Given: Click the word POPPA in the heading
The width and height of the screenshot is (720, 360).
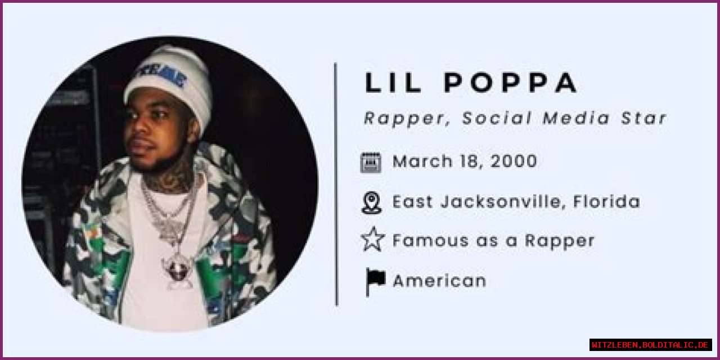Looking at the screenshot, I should coord(511,83).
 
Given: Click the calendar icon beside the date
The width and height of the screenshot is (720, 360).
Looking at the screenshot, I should coord(371,162).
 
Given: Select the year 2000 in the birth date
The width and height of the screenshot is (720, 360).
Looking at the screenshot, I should coord(514,162).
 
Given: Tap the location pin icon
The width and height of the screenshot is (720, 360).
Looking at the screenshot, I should coord(371,202).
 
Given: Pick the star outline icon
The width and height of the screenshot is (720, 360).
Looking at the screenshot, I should coord(372,240).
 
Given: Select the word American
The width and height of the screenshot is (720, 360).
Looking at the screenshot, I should coord(439,281).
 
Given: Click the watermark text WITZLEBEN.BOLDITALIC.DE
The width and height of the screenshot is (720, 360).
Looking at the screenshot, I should coord(650,345).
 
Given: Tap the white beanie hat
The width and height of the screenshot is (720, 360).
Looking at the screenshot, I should coord(169,79).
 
